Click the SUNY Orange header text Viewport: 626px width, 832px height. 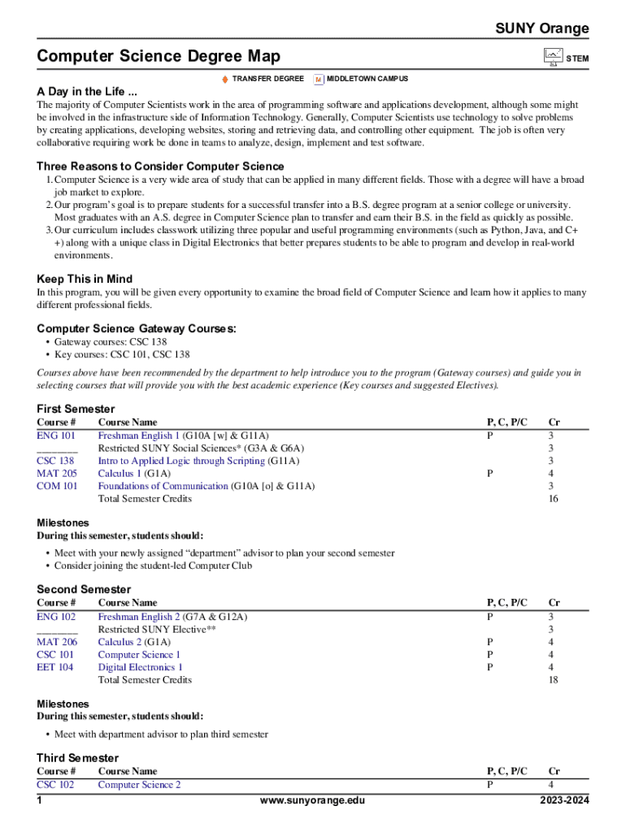542,29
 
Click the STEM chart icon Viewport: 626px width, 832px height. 553,57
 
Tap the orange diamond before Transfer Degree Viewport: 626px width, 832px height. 225,79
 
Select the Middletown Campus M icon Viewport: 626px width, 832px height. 319,79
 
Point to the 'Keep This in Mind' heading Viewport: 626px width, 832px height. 85,279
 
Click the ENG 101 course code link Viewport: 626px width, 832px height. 56,435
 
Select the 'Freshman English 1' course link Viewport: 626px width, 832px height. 139,435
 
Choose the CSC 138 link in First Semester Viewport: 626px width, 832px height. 55,461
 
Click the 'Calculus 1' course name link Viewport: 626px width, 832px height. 120,473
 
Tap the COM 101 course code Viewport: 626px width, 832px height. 57,486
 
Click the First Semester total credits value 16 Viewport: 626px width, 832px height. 553,499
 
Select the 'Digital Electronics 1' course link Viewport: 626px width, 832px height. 141,667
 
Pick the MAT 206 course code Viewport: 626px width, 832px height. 57,642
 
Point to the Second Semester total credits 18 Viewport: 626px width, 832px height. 553,680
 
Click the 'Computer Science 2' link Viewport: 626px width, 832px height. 139,785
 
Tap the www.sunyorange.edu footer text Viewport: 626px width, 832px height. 312,801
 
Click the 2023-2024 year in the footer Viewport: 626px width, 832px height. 563,801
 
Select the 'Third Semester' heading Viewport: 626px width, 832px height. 77,758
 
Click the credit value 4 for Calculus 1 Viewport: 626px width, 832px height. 552,473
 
